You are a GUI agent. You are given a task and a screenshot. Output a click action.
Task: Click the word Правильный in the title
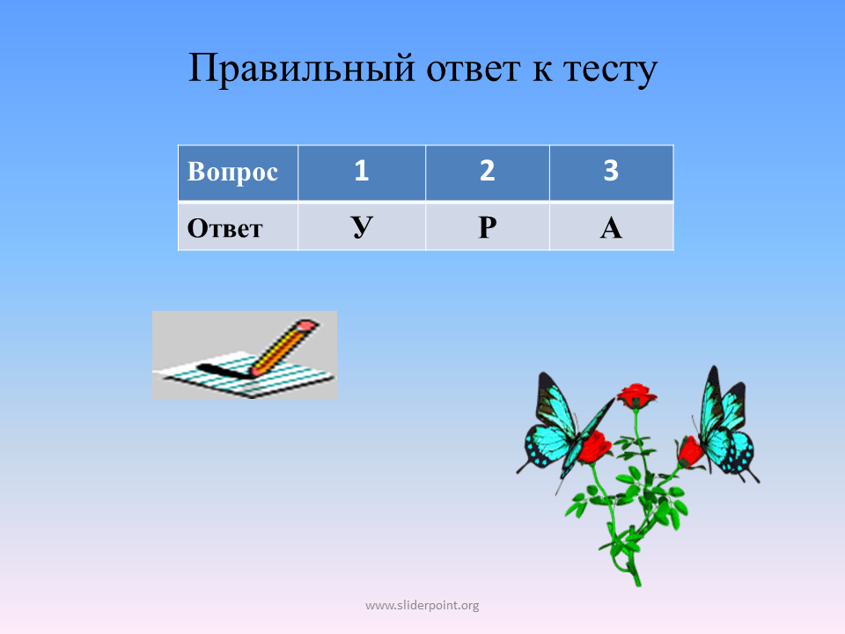tap(302, 69)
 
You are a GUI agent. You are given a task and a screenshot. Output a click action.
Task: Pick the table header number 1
tap(362, 170)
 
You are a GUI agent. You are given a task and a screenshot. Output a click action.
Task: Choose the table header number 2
tap(487, 170)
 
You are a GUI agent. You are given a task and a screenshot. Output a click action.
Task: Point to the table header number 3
tap(611, 170)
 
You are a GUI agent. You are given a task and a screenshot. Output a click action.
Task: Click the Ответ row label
tap(224, 229)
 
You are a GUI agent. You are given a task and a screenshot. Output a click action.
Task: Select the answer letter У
tap(362, 228)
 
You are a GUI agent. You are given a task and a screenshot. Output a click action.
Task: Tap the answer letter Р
tap(487, 228)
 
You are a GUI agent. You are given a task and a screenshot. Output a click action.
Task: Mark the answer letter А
tap(611, 228)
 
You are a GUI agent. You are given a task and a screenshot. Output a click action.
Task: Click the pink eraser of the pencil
tap(306, 326)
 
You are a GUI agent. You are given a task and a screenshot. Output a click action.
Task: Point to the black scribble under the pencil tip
tap(223, 370)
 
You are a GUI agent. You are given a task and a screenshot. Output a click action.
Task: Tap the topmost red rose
tap(636, 395)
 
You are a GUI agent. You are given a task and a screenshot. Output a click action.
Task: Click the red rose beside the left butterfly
tap(594, 446)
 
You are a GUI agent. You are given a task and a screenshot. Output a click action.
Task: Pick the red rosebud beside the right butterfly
tap(689, 452)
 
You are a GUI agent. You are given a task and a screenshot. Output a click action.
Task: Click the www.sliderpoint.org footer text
tap(422, 606)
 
